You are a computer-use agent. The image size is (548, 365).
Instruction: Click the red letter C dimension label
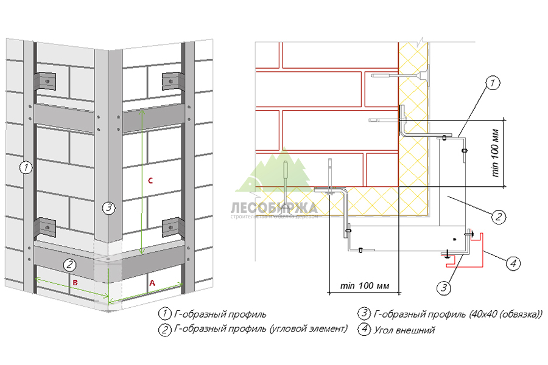pyautogui.click(x=150, y=180)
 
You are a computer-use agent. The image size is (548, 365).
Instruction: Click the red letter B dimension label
pyautogui.click(x=75, y=283)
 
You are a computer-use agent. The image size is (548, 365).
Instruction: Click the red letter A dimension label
pyautogui.click(x=152, y=282)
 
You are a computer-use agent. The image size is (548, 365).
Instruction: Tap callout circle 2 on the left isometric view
pyautogui.click(x=70, y=264)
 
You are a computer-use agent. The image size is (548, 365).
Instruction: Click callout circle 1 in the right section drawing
pyautogui.click(x=493, y=82)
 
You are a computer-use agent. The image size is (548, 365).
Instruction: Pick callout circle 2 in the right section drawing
pyautogui.click(x=497, y=215)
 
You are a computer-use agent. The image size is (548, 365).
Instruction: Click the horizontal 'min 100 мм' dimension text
pyautogui.click(x=365, y=285)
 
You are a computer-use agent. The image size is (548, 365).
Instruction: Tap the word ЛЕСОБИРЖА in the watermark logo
pyautogui.click(x=274, y=206)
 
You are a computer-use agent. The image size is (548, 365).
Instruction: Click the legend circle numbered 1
pyautogui.click(x=164, y=315)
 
